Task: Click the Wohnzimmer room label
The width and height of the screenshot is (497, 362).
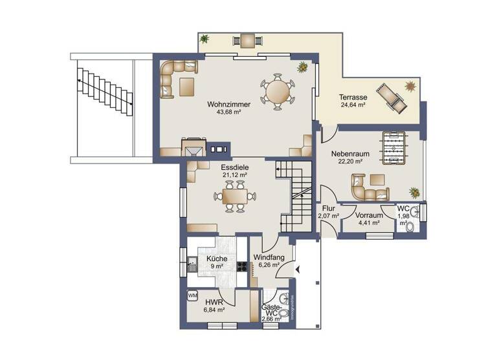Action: click(x=224, y=103)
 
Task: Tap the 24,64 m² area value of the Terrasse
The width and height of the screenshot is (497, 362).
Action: click(x=353, y=105)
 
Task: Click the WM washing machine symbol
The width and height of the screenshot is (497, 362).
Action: click(x=192, y=295)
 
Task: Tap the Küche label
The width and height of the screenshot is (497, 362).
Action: click(x=217, y=259)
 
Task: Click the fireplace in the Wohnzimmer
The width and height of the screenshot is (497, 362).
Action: click(x=194, y=148)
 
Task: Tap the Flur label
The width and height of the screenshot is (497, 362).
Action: click(x=329, y=208)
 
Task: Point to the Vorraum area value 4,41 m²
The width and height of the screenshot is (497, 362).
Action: click(x=369, y=223)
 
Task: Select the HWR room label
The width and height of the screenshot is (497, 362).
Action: click(x=214, y=302)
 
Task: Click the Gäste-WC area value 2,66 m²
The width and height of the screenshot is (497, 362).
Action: click(x=270, y=318)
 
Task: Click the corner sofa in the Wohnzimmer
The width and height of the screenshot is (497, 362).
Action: click(x=175, y=75)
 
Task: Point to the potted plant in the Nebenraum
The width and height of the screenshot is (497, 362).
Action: click(x=414, y=191)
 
